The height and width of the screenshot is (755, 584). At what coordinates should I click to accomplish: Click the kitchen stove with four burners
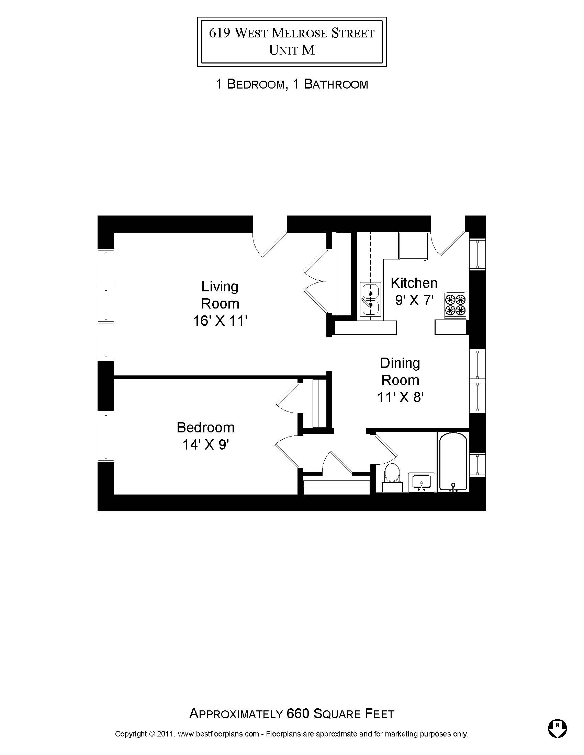(x=455, y=304)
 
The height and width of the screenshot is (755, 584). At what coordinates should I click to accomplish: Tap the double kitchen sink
(x=370, y=299)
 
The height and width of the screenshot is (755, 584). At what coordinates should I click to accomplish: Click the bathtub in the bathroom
(x=453, y=461)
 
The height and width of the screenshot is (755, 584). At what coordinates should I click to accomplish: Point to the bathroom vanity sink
(x=422, y=481)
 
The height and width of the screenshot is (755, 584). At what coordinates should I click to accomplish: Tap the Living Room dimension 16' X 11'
(x=220, y=321)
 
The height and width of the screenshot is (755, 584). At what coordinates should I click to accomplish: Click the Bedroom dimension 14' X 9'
(x=206, y=445)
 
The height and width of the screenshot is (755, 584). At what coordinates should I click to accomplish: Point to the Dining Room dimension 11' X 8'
(x=401, y=397)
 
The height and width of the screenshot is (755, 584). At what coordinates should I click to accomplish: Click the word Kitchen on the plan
(x=414, y=283)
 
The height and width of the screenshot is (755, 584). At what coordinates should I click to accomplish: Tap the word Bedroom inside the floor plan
(x=206, y=428)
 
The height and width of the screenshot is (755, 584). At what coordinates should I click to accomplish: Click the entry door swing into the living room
(x=270, y=244)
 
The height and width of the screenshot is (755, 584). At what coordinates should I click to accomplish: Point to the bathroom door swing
(x=384, y=450)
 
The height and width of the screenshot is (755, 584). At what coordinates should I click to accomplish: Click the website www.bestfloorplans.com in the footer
(x=218, y=734)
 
